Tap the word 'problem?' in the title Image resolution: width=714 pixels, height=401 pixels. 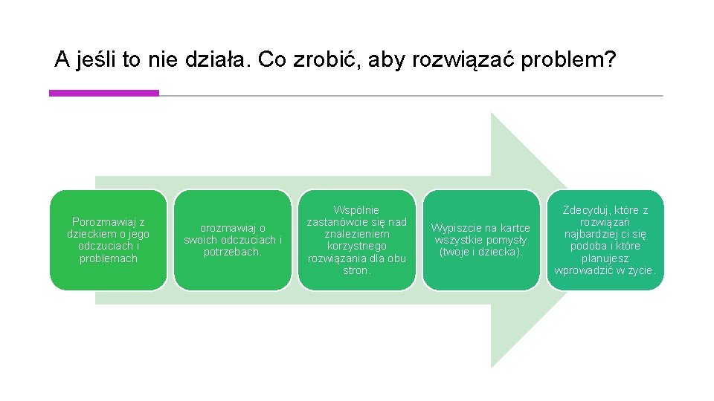(x=568, y=59)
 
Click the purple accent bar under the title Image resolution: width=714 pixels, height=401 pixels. (x=104, y=93)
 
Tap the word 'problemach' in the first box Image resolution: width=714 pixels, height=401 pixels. (x=109, y=258)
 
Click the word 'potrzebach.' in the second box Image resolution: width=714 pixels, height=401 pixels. (x=233, y=252)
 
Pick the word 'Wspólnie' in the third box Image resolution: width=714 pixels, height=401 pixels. (x=356, y=210)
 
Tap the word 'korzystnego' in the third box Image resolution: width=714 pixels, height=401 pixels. (x=356, y=246)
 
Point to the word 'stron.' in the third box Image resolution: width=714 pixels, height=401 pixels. (x=356, y=270)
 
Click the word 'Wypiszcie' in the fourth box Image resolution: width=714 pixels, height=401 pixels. (x=457, y=228)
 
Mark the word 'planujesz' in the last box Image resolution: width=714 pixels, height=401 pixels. (x=605, y=258)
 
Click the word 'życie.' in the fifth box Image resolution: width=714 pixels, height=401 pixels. (x=640, y=270)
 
